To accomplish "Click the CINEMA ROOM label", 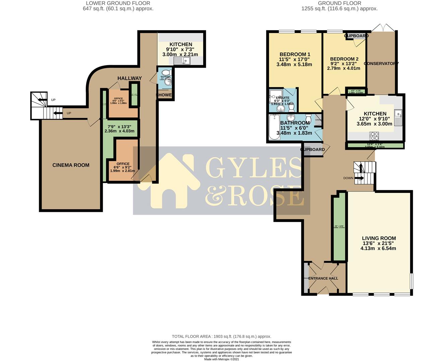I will (x=71, y=165).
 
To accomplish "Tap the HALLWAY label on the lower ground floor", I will (x=129, y=78).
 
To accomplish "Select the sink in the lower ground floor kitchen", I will (x=182, y=61).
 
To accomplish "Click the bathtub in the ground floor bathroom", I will (x=274, y=127).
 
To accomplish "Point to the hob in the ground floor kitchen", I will (x=374, y=136).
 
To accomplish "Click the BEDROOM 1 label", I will (x=295, y=54).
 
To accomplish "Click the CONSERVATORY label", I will (x=381, y=64).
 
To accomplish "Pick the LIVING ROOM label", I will (x=379, y=238).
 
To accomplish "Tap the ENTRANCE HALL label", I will (x=323, y=278).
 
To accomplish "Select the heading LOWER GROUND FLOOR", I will (x=118, y=3).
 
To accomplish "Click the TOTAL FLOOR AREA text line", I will (x=221, y=337).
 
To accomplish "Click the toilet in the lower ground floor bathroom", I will (x=166, y=73).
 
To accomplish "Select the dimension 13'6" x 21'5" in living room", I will (x=379, y=243).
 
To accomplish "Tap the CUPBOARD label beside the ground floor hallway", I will (x=312, y=149).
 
